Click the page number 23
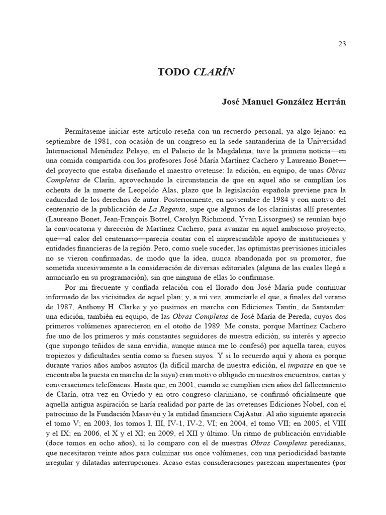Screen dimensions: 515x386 (342, 44)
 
